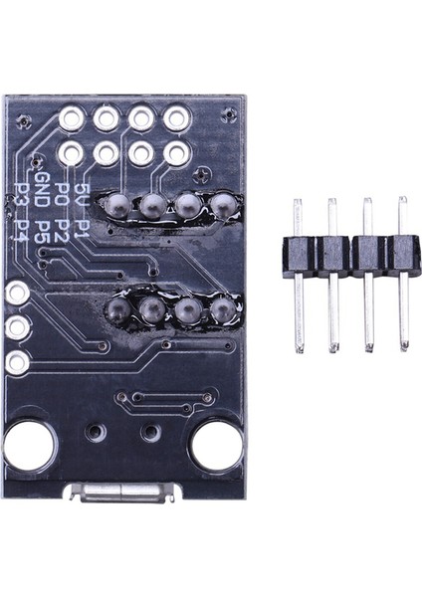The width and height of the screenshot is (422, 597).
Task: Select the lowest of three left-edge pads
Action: point(17,362)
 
